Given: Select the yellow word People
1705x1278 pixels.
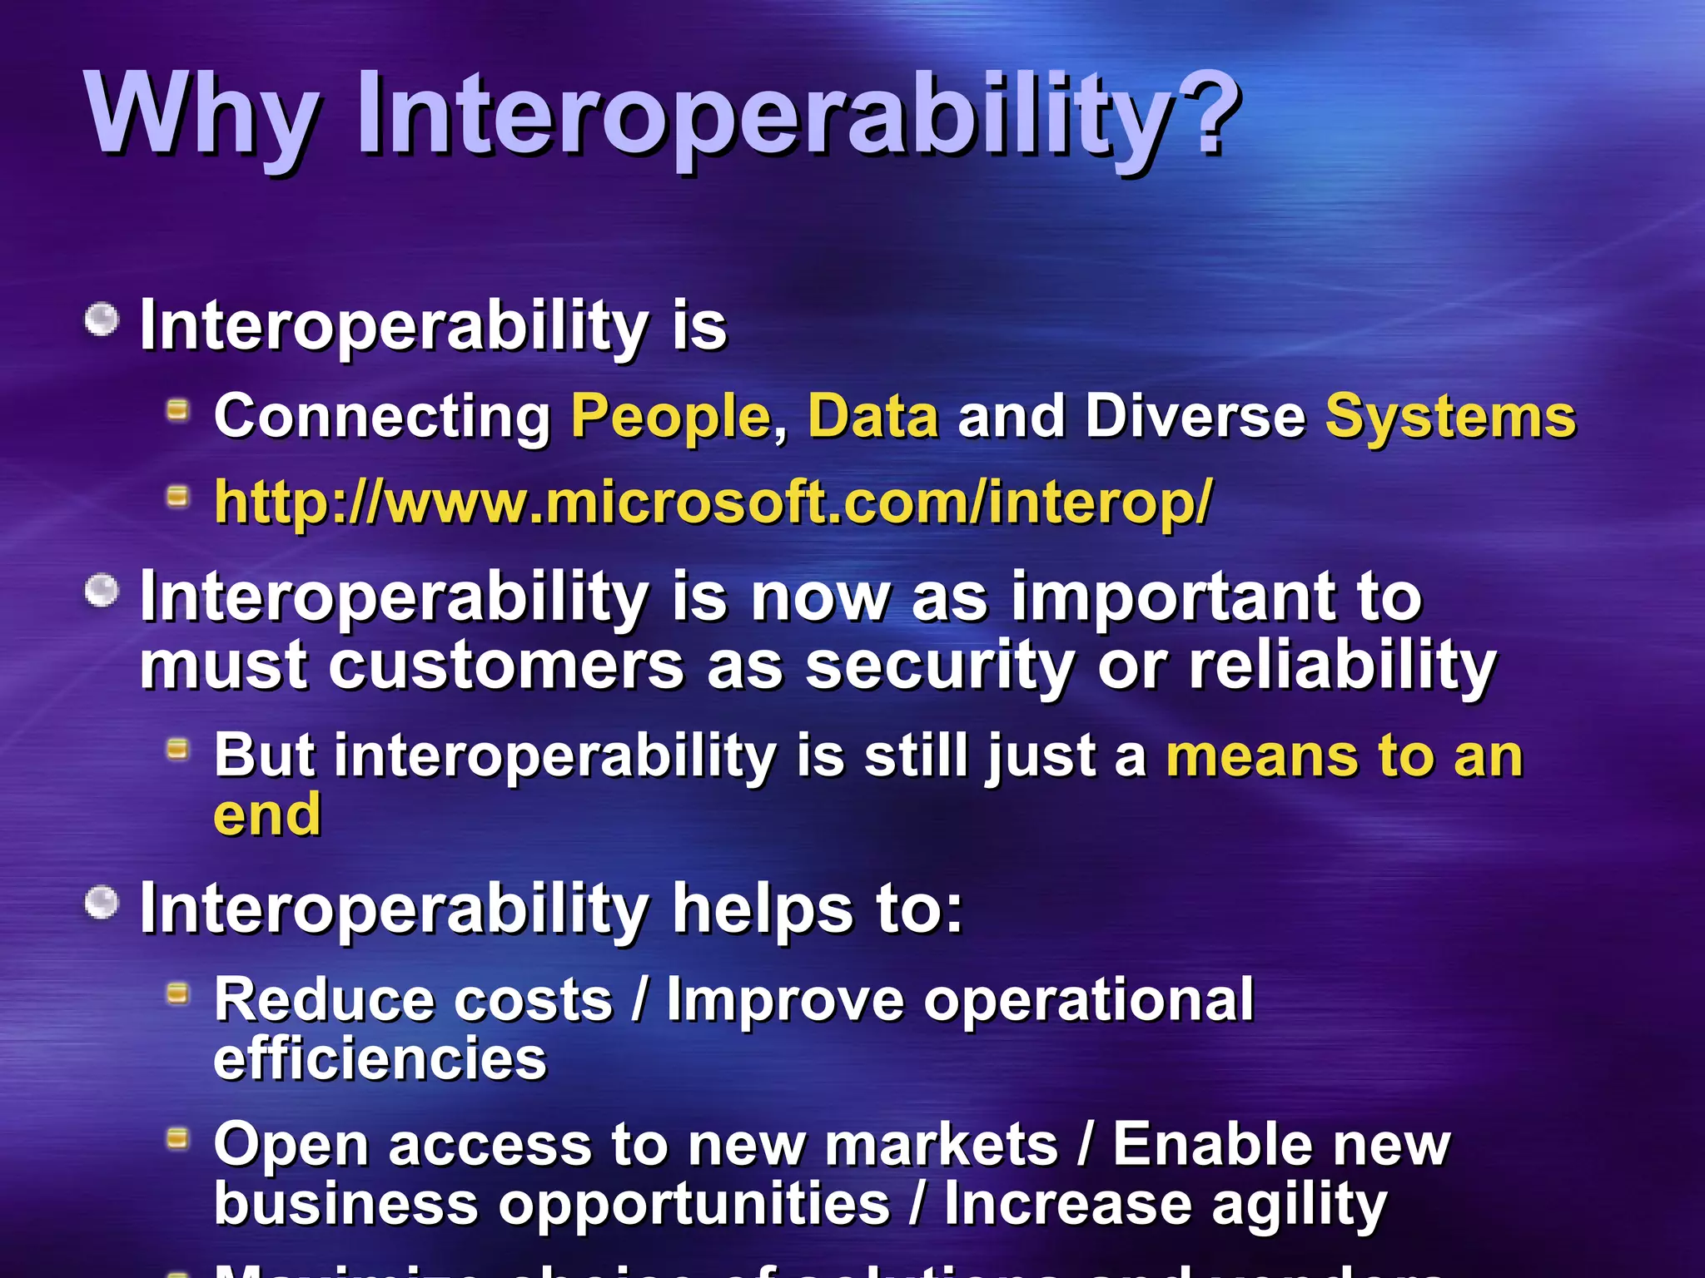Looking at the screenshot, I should pyautogui.click(x=671, y=416).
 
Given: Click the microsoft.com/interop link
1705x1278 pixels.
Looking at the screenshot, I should pyautogui.click(x=713, y=503).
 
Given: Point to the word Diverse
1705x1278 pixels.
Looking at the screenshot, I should pyautogui.click(x=1195, y=416).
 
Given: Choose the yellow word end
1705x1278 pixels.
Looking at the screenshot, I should pyautogui.click(x=267, y=815).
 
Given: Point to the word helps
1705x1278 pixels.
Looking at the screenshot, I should pyautogui.click(x=763, y=909).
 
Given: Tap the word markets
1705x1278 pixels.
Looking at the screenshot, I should pyautogui.click(x=941, y=1146).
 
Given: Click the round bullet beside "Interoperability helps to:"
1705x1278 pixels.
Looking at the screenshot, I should pyautogui.click(x=102, y=904).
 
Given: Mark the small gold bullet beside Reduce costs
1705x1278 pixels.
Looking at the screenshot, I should pyautogui.click(x=177, y=993).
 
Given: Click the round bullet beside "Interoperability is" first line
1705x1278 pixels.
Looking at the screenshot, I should pyautogui.click(x=102, y=319).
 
